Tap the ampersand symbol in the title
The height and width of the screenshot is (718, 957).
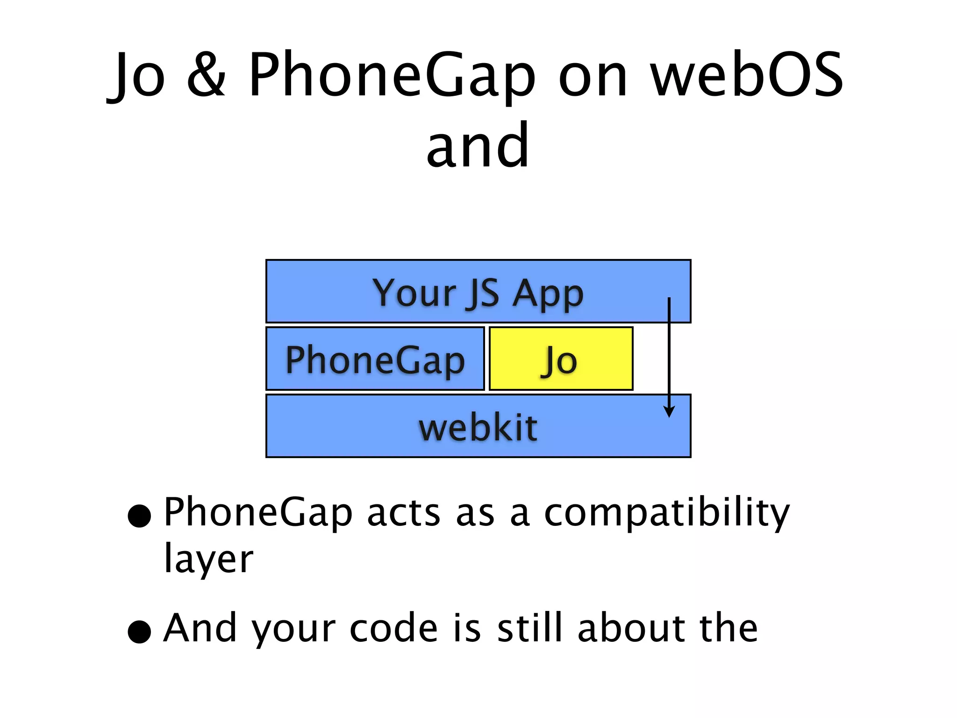tap(206, 76)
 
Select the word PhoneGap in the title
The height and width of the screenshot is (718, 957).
tap(392, 76)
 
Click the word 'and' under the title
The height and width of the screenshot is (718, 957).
tap(478, 146)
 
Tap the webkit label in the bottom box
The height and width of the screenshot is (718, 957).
tap(478, 427)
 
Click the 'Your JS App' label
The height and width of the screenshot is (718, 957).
tap(478, 293)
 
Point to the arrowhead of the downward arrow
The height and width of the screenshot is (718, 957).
tap(669, 412)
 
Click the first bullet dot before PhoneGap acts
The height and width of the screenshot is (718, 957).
tap(139, 516)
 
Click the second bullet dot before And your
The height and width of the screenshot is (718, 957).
tap(139, 632)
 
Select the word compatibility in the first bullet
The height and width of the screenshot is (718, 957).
tap(667, 513)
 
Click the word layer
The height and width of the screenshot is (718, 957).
tap(208, 559)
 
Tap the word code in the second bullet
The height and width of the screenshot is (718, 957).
tap(394, 629)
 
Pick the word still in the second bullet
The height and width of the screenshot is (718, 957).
tap(529, 628)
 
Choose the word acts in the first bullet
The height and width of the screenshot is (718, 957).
tap(404, 513)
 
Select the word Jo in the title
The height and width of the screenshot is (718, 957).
tap(137, 76)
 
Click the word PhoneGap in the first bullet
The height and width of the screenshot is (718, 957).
tap(258, 513)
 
